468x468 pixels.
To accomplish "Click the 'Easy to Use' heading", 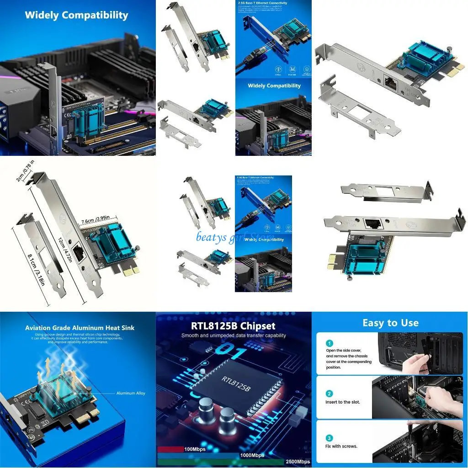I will [390, 323].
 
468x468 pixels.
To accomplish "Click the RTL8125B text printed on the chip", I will [236, 383].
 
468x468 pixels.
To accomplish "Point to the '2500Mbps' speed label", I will [297, 461].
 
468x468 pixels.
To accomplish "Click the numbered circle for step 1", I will [330, 343].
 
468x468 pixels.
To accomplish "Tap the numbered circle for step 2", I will [330, 394].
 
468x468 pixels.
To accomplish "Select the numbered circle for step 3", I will [330, 438].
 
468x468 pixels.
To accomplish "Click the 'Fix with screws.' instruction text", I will [341, 447].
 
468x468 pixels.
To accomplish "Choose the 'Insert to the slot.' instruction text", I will [343, 402].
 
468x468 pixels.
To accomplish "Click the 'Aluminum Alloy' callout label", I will [131, 393].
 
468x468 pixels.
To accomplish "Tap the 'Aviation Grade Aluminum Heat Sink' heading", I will [80, 328].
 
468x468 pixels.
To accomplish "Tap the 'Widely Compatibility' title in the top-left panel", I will [76, 15].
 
